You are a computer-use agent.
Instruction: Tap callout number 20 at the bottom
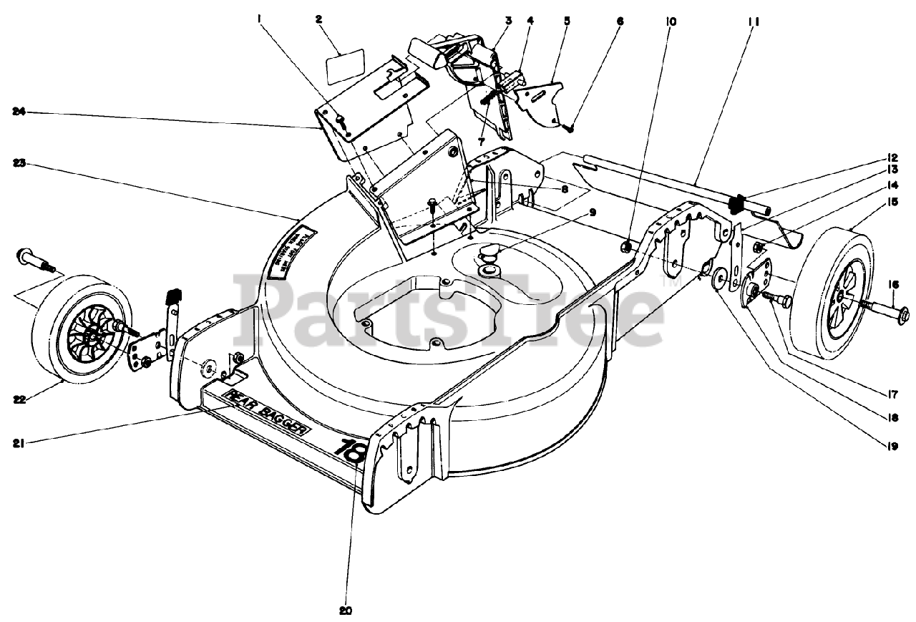coord(346,611)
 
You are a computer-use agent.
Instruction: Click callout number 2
coord(318,19)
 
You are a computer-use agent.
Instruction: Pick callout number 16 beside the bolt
coord(893,284)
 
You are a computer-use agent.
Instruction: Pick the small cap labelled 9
coord(489,253)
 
